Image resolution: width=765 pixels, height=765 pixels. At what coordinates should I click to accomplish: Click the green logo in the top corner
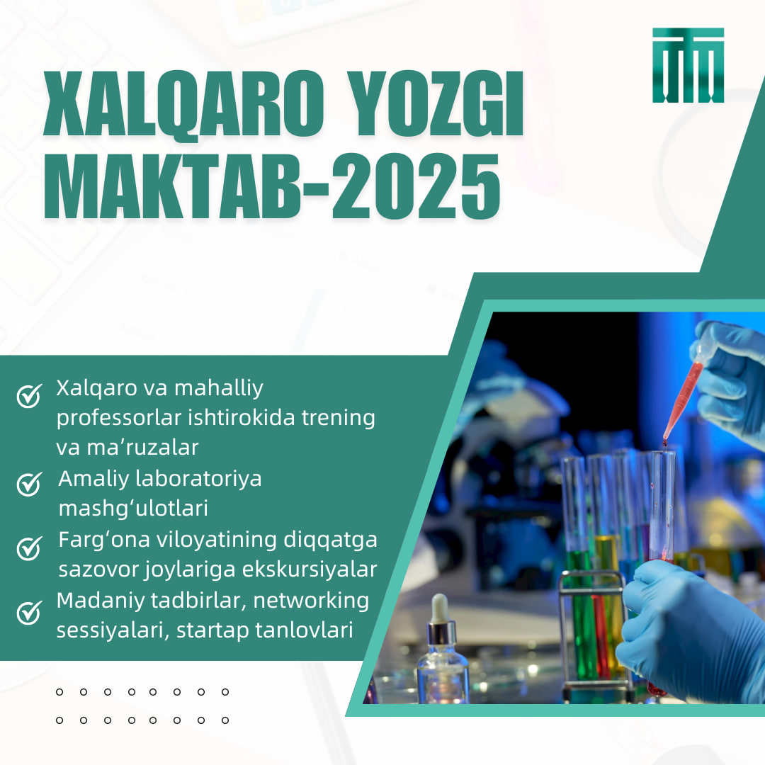[688, 65]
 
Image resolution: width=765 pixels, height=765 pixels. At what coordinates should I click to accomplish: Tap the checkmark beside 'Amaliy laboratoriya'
[29, 484]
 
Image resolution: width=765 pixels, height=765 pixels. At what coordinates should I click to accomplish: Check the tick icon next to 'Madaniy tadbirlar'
[29, 612]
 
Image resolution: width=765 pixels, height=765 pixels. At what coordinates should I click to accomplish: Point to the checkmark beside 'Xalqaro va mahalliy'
[29, 396]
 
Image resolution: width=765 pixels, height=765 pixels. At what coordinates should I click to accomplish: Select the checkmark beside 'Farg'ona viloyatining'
[29, 548]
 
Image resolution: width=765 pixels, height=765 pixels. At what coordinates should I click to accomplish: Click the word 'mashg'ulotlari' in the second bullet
[133, 509]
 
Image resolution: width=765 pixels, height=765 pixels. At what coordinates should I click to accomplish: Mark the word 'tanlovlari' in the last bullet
[317, 630]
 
